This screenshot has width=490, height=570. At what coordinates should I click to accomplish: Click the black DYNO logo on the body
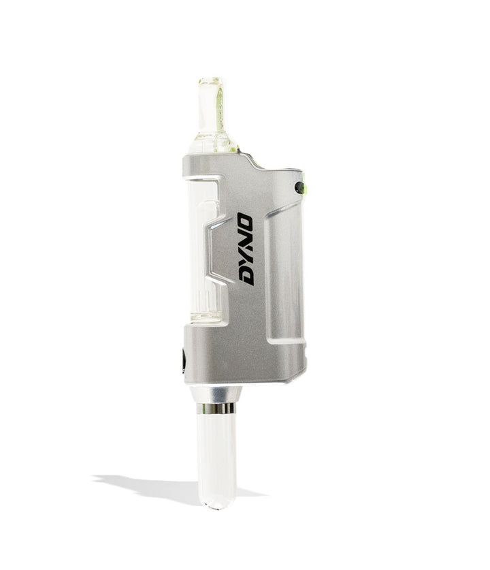pos(245,249)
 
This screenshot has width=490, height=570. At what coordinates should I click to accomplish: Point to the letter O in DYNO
pos(246,222)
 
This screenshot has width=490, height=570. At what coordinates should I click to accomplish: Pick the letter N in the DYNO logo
pos(245,240)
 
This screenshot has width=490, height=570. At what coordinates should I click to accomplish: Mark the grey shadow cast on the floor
pos(150,485)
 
